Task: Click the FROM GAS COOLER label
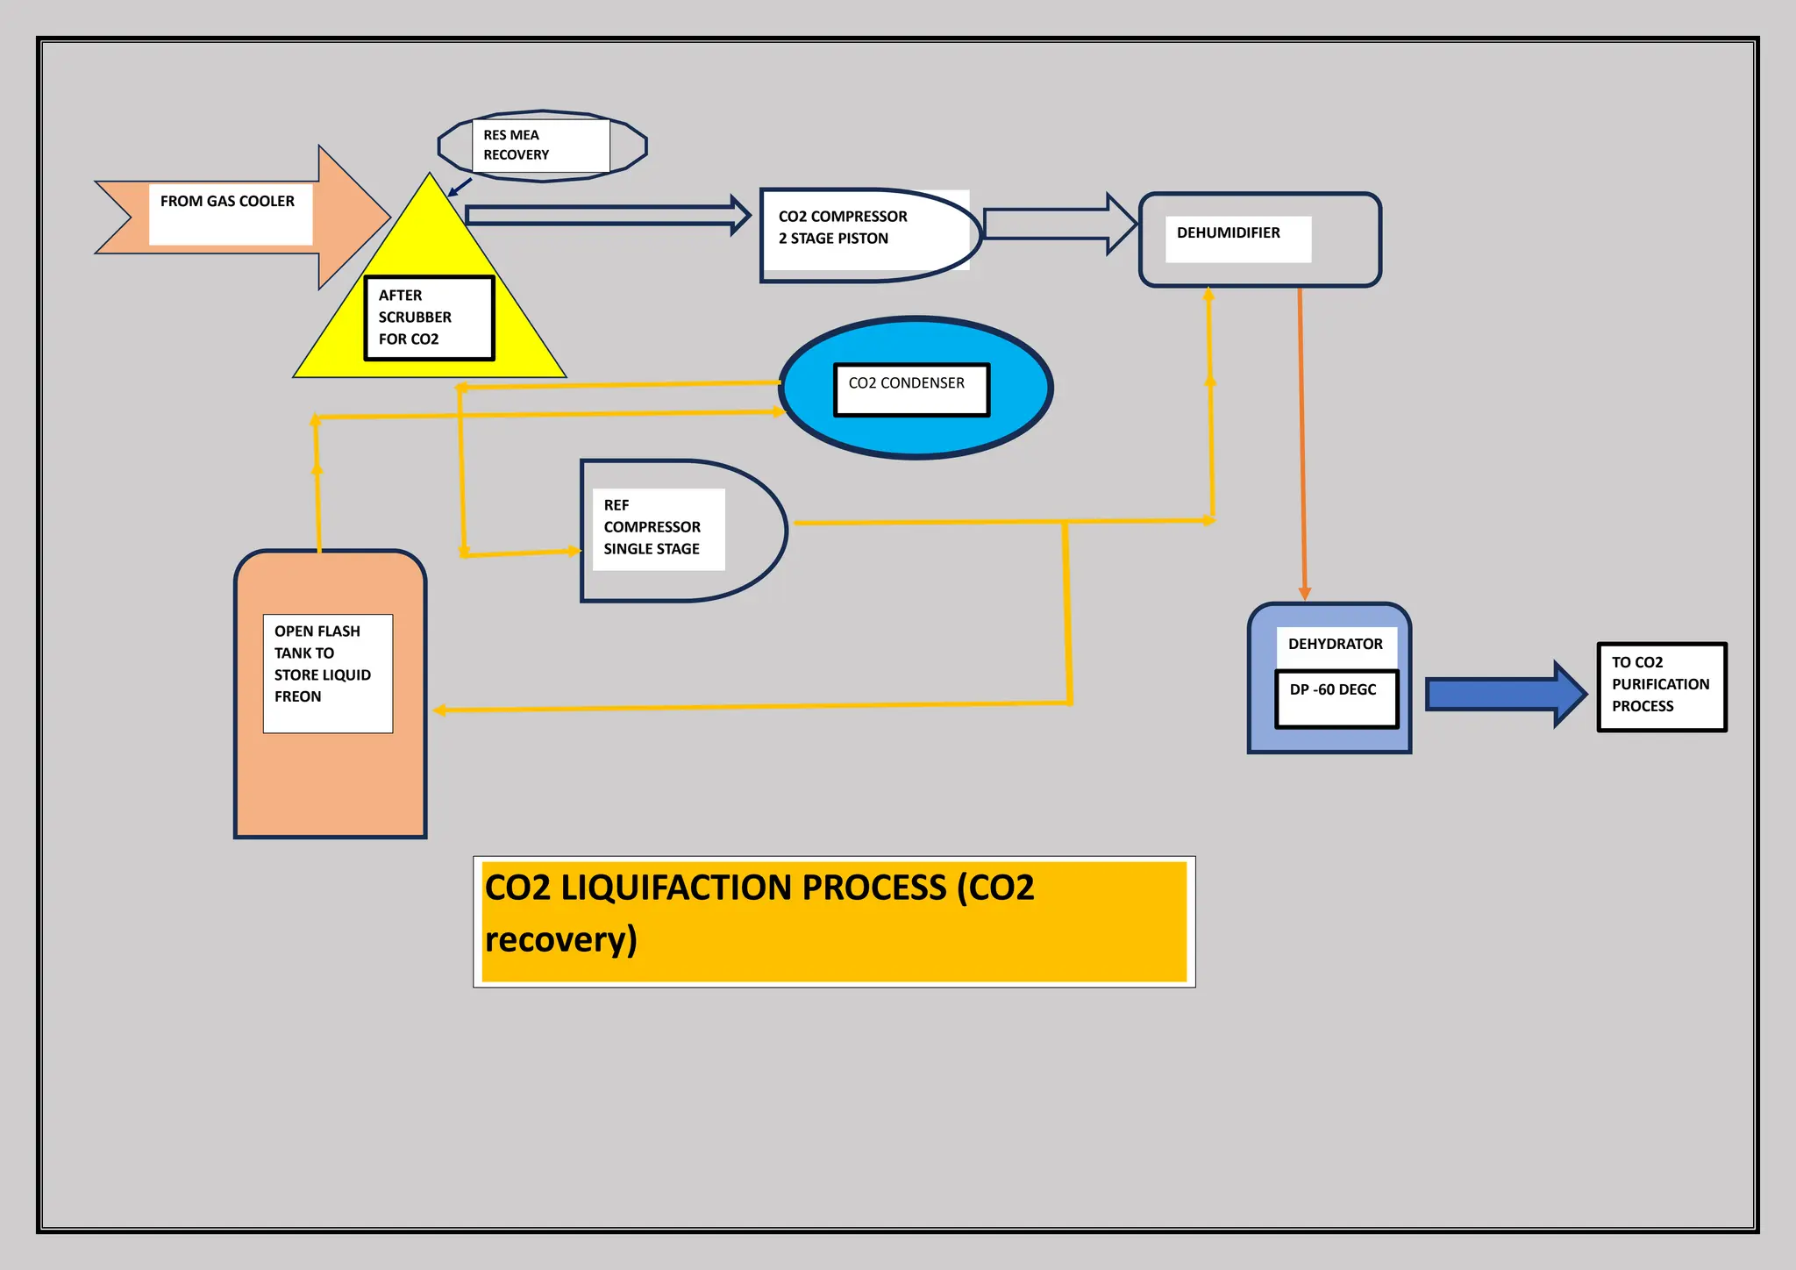[x=227, y=202]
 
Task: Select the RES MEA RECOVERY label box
[x=540, y=146]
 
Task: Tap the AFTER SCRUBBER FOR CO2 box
[x=430, y=317]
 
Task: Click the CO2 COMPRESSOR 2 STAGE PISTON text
[x=843, y=227]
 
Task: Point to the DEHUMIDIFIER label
[x=1228, y=233]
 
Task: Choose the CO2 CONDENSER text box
[x=910, y=389]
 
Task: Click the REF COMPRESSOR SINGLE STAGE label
[x=652, y=527]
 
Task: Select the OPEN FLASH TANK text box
[x=327, y=672]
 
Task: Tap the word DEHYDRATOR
[x=1335, y=645]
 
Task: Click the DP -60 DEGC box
[x=1336, y=698]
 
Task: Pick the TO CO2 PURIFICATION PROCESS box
[x=1661, y=686]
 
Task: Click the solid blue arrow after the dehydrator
[x=1503, y=694]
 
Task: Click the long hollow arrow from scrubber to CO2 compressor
[x=605, y=215]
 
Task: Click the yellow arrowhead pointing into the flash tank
[x=439, y=710]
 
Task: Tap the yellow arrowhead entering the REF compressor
[x=574, y=551]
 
